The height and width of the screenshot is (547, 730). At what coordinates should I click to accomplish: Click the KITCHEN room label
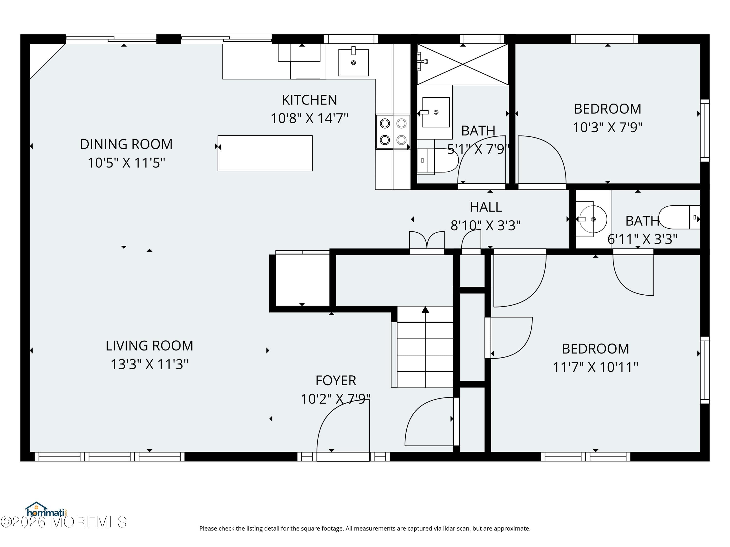309,100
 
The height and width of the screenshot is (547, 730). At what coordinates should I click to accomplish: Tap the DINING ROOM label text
126,144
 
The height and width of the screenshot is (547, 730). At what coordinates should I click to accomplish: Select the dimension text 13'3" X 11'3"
149,364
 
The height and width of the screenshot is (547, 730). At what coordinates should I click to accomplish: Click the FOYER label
336,380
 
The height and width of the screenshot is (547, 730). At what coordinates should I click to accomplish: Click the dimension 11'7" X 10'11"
595,367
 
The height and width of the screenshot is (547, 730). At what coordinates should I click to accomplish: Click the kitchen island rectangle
265,153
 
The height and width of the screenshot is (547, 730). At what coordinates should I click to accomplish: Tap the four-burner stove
393,132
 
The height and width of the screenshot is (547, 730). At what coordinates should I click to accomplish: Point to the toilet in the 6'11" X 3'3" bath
679,217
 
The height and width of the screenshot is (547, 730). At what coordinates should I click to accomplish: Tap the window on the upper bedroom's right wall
705,131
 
